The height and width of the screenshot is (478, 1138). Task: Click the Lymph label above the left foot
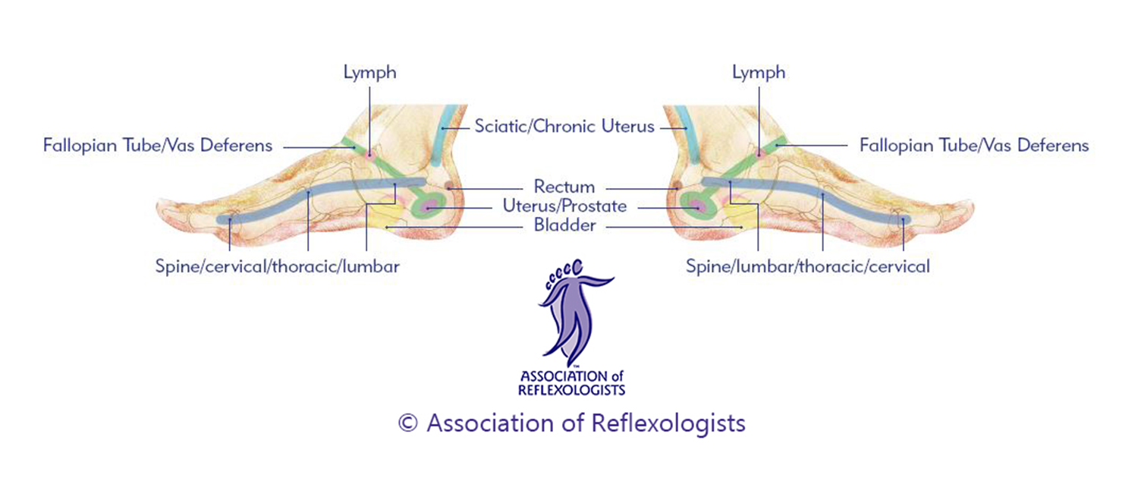point(369,74)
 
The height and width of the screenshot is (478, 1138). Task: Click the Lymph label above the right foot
point(759,74)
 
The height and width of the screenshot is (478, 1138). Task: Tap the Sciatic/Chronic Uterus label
point(564,127)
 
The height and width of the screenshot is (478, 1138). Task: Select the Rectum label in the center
point(564,186)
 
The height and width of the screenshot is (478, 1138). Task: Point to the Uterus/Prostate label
point(564,206)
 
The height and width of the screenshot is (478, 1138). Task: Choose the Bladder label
point(564,225)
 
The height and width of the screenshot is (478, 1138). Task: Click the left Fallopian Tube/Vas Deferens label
point(157,145)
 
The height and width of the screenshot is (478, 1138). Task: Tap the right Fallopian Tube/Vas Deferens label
point(973,145)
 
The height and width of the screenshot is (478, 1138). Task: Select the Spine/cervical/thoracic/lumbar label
point(277,267)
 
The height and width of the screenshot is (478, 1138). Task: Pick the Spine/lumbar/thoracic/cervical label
point(807,267)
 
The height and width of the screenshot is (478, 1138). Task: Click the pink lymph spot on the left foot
point(369,155)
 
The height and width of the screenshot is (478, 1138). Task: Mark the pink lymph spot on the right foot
point(759,154)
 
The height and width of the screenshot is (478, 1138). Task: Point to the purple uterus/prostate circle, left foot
point(429,205)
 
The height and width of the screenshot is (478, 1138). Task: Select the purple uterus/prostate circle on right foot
point(698,205)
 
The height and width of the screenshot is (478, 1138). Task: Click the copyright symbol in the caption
point(407,423)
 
